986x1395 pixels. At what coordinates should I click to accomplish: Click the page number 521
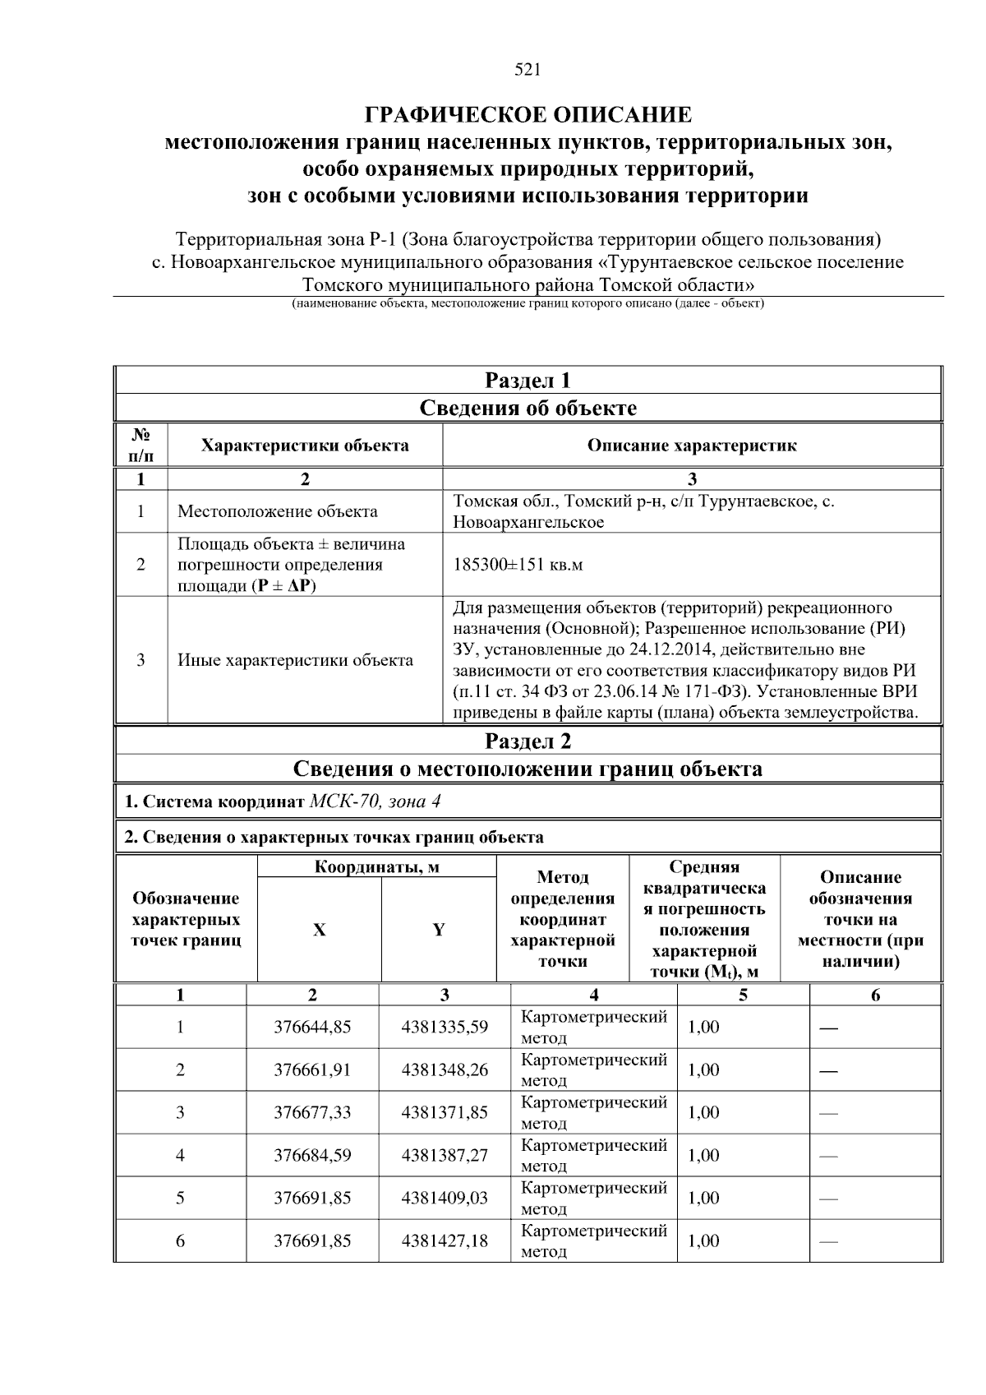point(528,70)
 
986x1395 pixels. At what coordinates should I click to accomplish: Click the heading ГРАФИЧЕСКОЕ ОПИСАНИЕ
point(528,114)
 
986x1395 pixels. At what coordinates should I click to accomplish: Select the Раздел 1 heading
point(528,381)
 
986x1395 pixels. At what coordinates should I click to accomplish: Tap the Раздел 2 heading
point(528,741)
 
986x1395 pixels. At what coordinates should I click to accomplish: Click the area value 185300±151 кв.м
point(518,565)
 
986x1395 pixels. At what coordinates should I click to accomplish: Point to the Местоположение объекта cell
point(278,511)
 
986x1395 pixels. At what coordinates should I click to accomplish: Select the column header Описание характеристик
point(691,446)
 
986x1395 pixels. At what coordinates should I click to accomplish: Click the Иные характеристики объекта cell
point(295,660)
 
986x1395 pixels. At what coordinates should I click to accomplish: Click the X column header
point(319,930)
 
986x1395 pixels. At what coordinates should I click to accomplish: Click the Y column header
point(439,930)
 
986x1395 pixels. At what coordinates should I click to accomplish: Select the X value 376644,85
point(312,1027)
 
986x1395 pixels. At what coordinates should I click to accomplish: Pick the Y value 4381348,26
point(445,1069)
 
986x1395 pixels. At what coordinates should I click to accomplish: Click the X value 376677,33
point(312,1112)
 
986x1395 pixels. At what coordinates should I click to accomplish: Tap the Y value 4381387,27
point(445,1155)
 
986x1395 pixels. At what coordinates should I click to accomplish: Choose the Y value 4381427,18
point(445,1240)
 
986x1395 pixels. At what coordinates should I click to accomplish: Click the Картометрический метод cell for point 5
point(593,1198)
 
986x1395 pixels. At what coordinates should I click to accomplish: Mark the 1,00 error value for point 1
point(703,1027)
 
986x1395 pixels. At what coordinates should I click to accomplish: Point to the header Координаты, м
point(377,867)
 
